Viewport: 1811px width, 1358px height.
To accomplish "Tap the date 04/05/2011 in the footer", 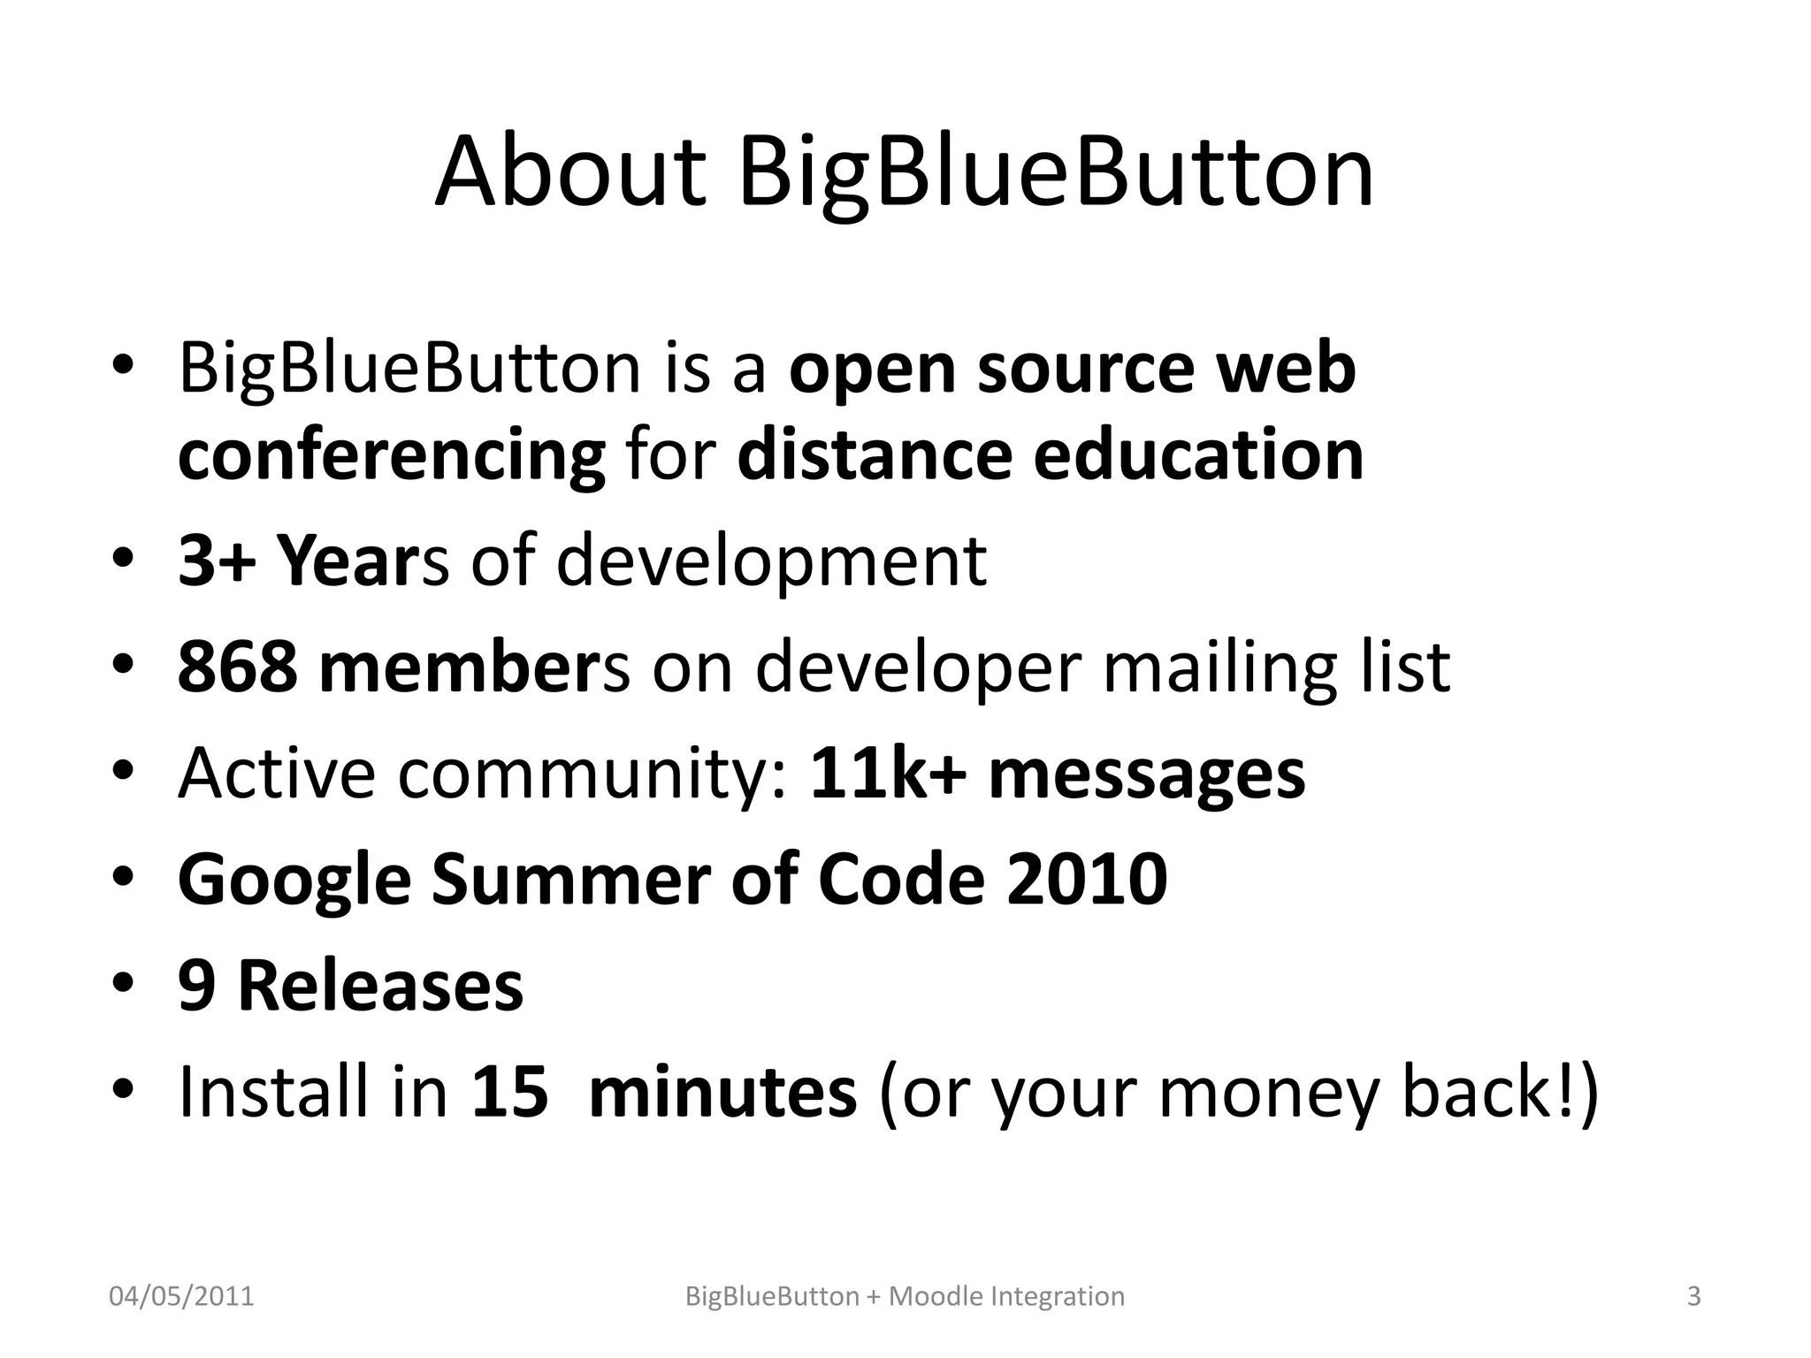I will (x=181, y=1296).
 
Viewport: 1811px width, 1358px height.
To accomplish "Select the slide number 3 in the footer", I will (x=1693, y=1296).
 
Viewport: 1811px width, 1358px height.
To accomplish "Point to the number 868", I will (x=238, y=667).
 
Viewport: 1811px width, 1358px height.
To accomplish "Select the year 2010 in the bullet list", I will (x=1087, y=879).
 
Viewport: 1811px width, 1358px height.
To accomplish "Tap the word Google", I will (x=294, y=879).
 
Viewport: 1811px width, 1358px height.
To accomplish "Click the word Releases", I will (x=381, y=985).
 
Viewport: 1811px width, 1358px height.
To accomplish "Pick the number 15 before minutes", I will (x=510, y=1091).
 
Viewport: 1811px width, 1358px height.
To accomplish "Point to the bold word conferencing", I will (x=391, y=454).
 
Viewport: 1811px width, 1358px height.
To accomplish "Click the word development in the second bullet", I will (x=770, y=561).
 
